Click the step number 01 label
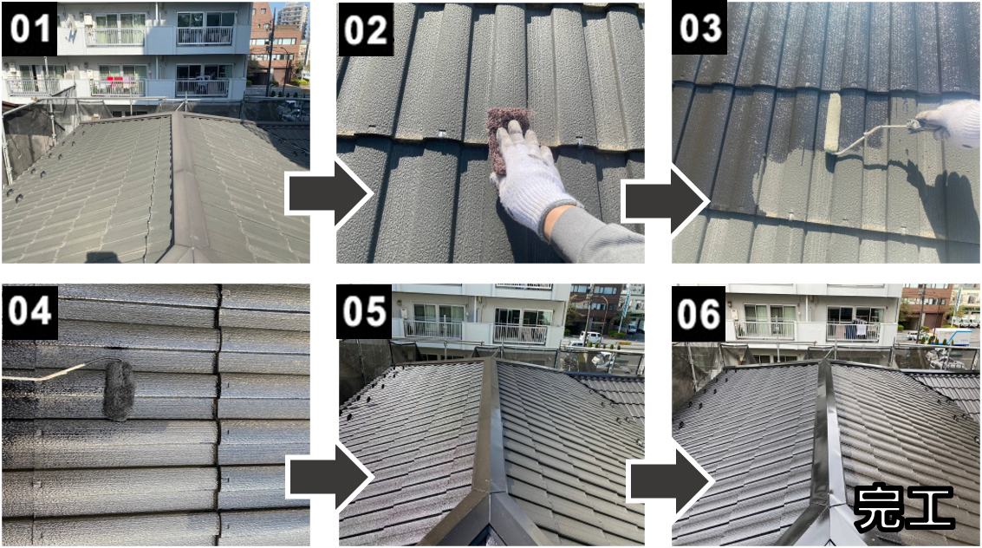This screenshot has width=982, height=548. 29,29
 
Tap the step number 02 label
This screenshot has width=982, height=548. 365,29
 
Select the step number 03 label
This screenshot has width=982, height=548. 699,29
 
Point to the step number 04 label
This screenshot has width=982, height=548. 29,311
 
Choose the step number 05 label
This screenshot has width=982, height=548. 365,311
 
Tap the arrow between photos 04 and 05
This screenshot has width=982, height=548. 329,477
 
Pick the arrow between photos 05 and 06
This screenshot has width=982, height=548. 670,480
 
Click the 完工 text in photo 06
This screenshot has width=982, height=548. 904,507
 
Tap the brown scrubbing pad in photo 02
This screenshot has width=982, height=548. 509,138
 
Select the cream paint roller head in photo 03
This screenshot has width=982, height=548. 833,123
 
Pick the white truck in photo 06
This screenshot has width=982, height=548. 952,336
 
